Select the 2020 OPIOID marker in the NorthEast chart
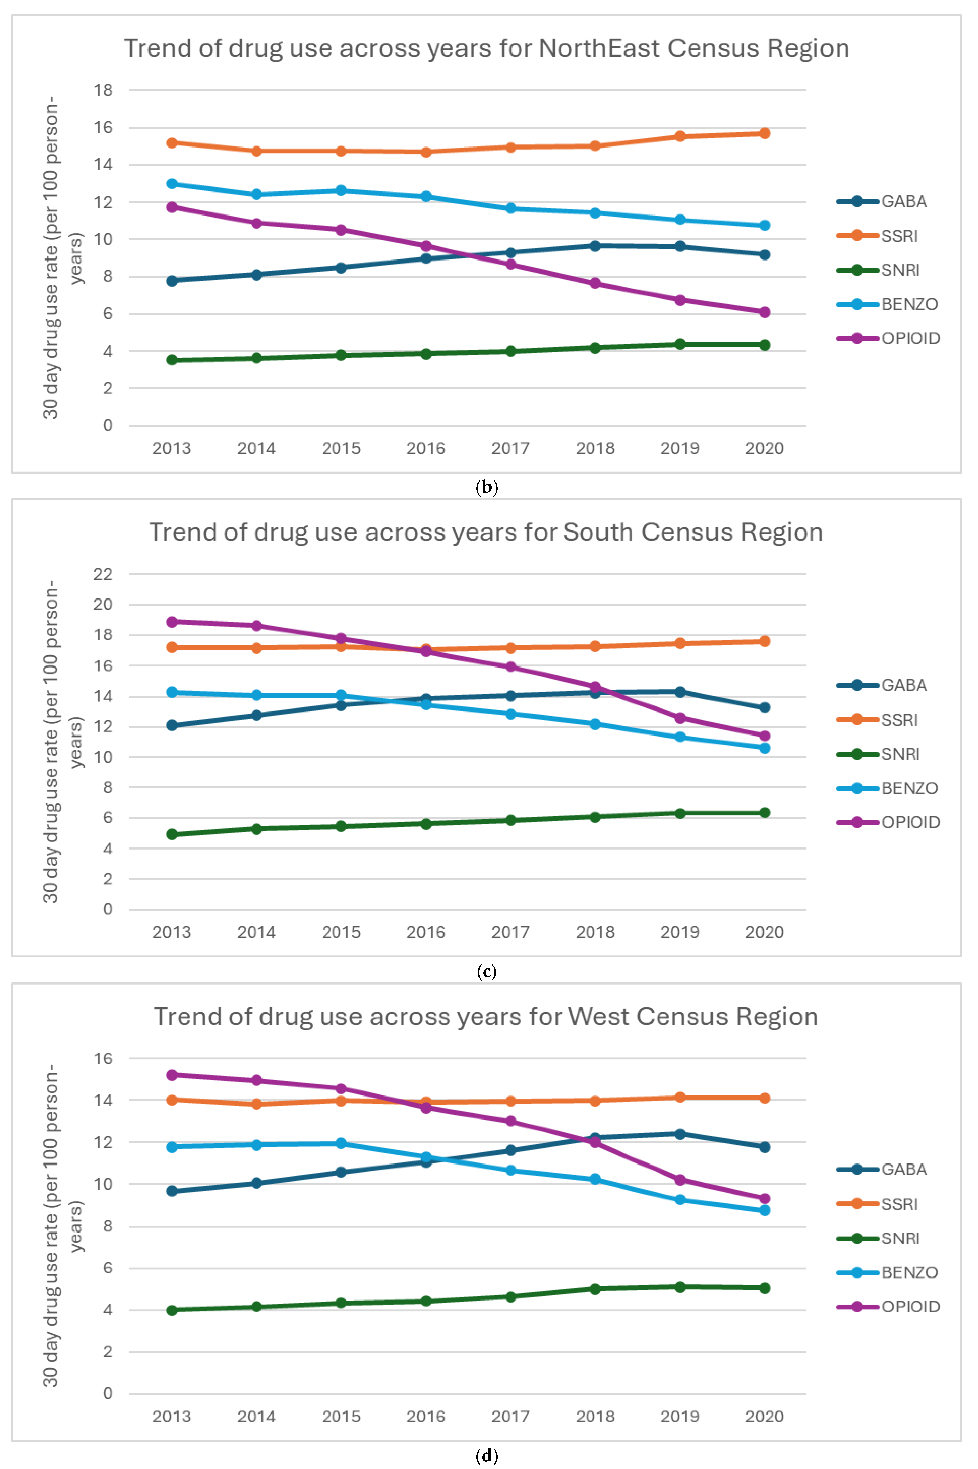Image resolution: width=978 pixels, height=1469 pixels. click(765, 312)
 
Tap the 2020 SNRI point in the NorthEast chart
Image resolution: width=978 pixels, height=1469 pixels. click(765, 345)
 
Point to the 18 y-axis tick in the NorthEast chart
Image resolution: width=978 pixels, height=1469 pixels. click(104, 90)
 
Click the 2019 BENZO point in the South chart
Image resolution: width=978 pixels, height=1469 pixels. click(680, 737)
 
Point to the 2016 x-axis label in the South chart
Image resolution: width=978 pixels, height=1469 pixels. click(426, 932)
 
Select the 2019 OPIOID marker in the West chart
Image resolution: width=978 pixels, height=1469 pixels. click(680, 1180)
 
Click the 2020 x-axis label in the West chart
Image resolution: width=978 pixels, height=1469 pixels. click(765, 1417)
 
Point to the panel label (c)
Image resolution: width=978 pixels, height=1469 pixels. click(486, 972)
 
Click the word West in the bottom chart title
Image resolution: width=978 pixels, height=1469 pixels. click(597, 1017)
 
